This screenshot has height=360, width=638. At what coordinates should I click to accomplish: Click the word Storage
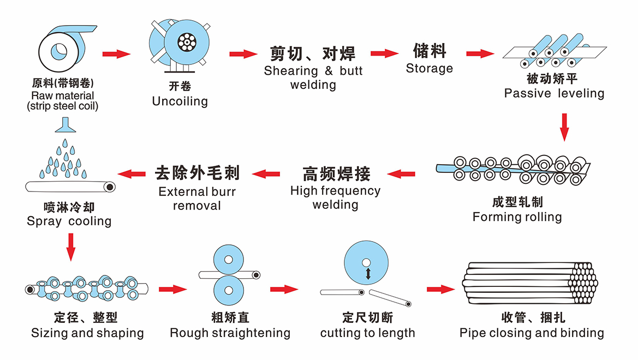point(430,68)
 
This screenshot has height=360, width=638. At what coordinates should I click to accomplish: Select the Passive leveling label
point(554,93)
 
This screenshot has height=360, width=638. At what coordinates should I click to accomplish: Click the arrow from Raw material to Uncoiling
point(116,53)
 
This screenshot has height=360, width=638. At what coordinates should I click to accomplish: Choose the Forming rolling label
point(517,217)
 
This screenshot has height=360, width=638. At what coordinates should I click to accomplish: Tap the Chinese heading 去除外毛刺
point(197,173)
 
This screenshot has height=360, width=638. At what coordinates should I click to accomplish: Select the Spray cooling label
point(69,221)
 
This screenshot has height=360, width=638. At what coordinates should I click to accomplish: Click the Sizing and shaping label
point(87,333)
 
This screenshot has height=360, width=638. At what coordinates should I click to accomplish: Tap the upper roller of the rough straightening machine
point(228,259)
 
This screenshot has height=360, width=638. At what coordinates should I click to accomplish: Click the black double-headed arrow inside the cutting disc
point(368,273)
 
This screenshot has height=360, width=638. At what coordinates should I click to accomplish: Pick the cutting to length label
point(367,333)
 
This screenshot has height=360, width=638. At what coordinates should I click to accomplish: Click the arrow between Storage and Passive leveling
point(480,53)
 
